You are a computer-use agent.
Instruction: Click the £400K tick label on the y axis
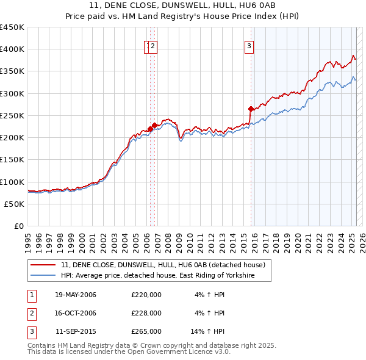point(13,49)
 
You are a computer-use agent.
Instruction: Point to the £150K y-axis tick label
point(13,160)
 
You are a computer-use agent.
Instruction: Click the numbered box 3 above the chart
point(249,44)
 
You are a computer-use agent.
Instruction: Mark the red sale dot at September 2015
point(251,109)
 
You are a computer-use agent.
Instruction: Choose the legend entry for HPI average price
point(157,276)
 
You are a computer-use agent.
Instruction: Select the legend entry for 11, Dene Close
point(162,265)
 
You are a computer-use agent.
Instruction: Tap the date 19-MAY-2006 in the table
point(76,295)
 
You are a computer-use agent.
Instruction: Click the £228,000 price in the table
point(146,313)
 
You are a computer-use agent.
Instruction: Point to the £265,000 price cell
point(146,331)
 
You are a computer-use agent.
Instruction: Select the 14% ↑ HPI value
point(208,331)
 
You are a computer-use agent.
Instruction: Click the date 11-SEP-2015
point(76,331)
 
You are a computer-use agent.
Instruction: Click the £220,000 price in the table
point(146,295)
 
